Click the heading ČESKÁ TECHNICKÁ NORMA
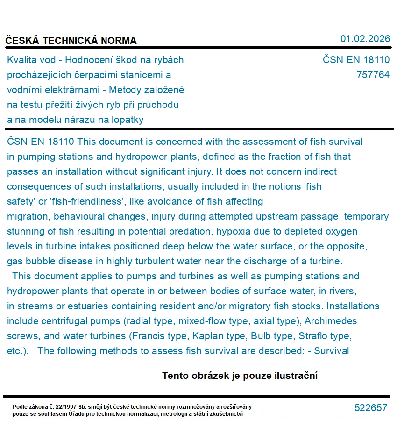[71, 41]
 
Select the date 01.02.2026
[365, 39]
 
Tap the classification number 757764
[372, 75]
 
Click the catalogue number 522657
[370, 408]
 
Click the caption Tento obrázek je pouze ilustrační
[240, 376]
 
